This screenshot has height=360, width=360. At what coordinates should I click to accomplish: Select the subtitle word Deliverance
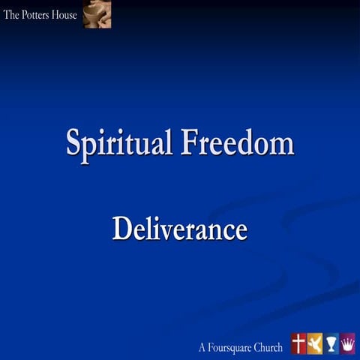[180, 229]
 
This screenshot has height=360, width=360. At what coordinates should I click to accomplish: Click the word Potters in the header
[35, 14]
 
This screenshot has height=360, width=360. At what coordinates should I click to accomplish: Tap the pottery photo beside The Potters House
[97, 14]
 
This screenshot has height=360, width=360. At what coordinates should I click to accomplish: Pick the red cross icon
[298, 343]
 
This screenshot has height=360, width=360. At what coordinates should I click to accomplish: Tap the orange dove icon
[315, 343]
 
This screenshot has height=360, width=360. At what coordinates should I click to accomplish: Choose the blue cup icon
[331, 343]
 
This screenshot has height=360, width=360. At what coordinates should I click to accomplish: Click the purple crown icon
[348, 343]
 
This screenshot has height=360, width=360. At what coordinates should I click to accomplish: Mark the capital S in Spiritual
[73, 142]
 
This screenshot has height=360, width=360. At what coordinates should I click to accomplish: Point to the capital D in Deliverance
[121, 229]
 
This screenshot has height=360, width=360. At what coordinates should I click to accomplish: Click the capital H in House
[55, 14]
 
